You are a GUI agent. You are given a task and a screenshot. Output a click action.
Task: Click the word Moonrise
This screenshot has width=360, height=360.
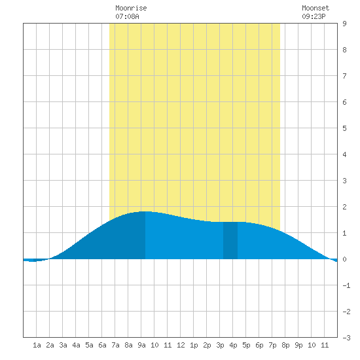coord(131,8)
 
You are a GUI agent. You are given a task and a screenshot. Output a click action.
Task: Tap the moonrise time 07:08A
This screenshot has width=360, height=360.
coord(127,16)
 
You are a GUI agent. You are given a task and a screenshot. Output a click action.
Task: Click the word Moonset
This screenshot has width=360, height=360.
coord(315,8)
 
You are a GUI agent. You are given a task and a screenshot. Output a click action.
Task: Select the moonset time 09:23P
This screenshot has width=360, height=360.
coord(314,16)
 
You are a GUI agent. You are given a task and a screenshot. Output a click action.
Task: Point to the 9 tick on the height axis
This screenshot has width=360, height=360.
coord(344,24)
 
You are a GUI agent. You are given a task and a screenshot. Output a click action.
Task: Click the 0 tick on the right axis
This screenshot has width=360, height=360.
coord(344,259)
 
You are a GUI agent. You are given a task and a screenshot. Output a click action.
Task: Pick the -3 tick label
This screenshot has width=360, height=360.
coord(346,338)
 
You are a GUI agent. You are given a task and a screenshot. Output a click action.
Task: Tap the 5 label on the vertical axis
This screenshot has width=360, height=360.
coord(344,128)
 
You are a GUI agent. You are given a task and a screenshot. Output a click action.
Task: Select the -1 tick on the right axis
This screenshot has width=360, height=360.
coord(346,285)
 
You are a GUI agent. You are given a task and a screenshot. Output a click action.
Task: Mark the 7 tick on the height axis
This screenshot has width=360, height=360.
coord(344,76)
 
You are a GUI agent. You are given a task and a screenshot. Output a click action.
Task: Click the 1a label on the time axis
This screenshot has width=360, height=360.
coord(37,345)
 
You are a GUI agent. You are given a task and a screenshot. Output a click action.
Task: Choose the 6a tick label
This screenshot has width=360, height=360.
coord(102,345)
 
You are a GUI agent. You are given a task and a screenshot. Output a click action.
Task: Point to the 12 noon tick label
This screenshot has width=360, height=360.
coord(181,345)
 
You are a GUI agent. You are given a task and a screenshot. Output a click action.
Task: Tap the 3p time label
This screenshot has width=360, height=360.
coord(220,345)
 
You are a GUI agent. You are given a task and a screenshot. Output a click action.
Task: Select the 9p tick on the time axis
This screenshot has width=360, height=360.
coord(298,345)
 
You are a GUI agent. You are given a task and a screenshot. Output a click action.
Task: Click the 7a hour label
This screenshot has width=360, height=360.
coord(115,345)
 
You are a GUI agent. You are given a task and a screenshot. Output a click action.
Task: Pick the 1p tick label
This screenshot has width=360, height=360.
coord(194,345)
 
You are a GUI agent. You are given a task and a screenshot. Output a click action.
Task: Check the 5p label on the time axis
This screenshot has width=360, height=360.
coord(246,345)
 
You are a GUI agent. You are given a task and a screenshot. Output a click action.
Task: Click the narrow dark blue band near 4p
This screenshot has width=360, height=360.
coord(230,240)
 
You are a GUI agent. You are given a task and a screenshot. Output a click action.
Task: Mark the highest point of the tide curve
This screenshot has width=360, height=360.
coord(145,211)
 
